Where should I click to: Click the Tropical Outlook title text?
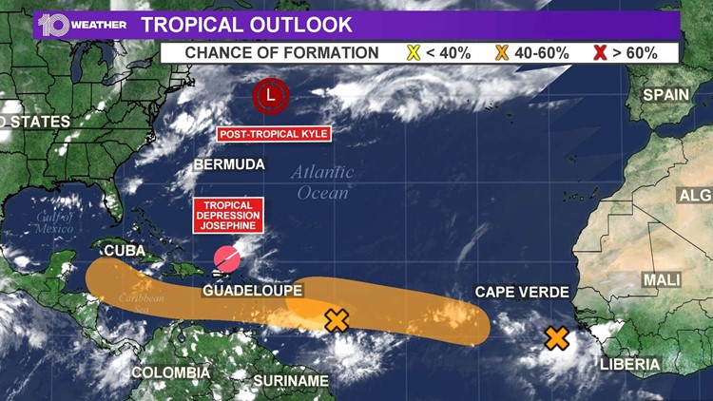tap(246, 25)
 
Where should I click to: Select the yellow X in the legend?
tap(414, 52)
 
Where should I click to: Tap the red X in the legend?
tap(600, 52)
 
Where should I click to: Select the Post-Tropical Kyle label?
tap(274, 134)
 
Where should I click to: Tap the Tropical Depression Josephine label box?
tap(226, 217)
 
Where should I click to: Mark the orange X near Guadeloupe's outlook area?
tap(337, 320)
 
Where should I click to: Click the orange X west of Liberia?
tap(557, 338)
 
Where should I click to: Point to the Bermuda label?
tap(229, 165)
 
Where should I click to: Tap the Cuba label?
tap(124, 251)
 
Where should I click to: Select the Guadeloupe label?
tap(253, 290)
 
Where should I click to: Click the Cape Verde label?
tap(522, 292)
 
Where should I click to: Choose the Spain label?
tap(665, 94)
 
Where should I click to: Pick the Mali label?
tap(662, 279)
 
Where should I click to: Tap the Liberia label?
tap(629, 364)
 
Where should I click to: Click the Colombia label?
tap(170, 372)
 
